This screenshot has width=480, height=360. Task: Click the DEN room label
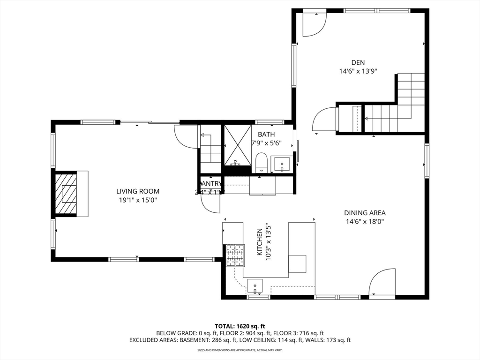pos(358,62)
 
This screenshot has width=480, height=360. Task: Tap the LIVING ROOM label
pos(138,191)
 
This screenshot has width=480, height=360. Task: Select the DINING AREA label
pos(365,212)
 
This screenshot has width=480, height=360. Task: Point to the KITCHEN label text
pos(259,242)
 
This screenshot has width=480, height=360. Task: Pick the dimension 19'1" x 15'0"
pos(138,200)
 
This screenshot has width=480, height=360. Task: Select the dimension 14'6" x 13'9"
pos(358,71)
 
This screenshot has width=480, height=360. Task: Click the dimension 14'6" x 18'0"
pos(365,221)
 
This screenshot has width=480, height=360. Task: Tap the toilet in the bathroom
pos(261,162)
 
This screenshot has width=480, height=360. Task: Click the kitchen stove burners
pos(235,256)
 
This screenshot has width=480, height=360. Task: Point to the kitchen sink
pos(255,285)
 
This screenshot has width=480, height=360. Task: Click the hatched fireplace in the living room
pos(66,194)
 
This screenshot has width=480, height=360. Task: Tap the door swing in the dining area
pos(382,283)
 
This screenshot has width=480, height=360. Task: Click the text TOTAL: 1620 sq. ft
pos(240,326)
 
